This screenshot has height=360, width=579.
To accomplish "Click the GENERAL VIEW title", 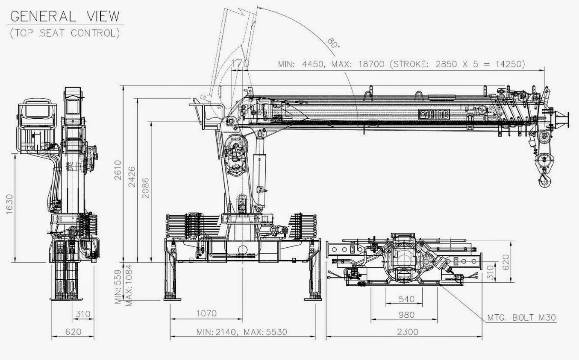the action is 65,16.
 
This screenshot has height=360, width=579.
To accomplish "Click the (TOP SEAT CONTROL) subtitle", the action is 65,33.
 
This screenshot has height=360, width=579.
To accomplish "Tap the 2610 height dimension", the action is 118,170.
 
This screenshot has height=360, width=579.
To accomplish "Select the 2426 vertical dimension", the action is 132,177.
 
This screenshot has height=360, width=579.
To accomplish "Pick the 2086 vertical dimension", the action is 146,188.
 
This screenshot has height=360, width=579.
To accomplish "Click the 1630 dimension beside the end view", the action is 9,204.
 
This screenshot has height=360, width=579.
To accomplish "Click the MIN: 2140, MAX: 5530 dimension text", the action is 242,332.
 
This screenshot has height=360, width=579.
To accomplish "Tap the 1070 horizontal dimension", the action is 206,313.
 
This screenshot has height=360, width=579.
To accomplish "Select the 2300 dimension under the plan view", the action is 408,332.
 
